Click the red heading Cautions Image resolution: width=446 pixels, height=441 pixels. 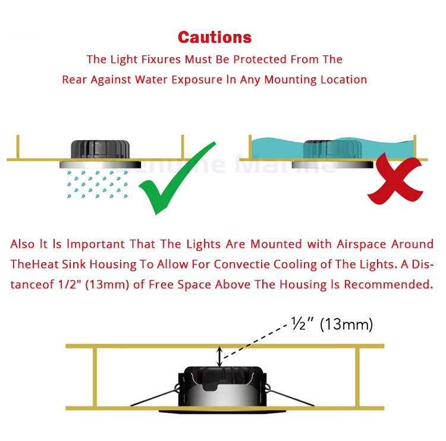(215, 37)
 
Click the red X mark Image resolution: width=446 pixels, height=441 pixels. (395, 179)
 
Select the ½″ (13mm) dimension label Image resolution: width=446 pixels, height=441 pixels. (332, 324)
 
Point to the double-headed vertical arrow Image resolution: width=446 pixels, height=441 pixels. (219, 357)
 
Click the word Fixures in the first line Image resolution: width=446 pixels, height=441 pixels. (161, 59)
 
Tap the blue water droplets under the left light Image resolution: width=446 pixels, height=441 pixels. (97, 184)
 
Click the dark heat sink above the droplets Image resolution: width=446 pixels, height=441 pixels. (100, 149)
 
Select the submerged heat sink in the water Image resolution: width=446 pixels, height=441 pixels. (332, 149)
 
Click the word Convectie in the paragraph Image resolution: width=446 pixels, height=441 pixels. (242, 264)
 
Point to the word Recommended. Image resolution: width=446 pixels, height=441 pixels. (388, 285)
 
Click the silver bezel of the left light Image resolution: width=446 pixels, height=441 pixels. (100, 165)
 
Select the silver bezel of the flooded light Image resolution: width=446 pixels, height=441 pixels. (332, 165)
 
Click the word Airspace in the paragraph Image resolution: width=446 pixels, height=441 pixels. (361, 244)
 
